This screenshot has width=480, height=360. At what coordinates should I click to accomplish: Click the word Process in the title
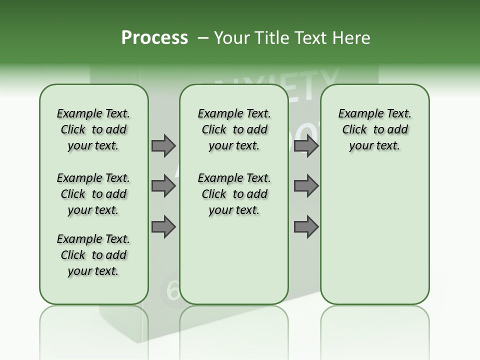[x=154, y=38]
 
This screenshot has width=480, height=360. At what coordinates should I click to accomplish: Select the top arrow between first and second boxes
[x=163, y=145]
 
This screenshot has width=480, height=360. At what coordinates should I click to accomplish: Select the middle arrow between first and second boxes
[x=163, y=186]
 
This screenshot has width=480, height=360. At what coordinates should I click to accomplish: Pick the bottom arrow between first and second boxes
[x=163, y=227]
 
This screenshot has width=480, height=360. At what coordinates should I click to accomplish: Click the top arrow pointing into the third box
[x=306, y=145]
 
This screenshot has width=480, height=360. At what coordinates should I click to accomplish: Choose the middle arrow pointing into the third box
[x=306, y=186]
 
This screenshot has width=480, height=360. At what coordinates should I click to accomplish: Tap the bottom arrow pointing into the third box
[x=306, y=227]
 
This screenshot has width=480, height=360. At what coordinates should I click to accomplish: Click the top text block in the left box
[x=93, y=129]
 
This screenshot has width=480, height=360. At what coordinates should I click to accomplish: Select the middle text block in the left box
[x=93, y=194]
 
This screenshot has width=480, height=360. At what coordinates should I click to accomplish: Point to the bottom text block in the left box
[x=93, y=255]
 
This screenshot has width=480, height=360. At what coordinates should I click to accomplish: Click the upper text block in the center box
[x=234, y=129]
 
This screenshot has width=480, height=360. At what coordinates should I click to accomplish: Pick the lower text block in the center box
[x=234, y=194]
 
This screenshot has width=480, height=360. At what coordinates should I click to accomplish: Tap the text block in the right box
[x=374, y=129]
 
